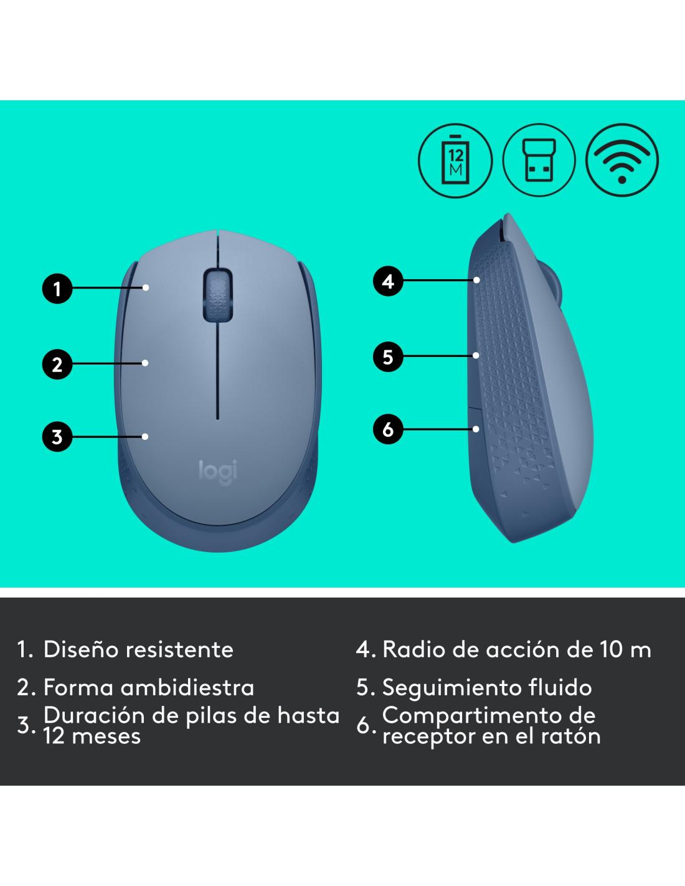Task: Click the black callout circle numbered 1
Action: coord(57,288)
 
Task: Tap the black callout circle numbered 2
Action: coord(57,364)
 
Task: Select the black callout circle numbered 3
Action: coord(57,437)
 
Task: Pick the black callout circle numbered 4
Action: coord(388,281)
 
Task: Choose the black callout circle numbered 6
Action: coord(388,429)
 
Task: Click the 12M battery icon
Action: coord(455,160)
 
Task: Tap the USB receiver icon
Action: coord(539,160)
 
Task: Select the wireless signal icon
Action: coord(622,160)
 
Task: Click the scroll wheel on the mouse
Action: coord(217,294)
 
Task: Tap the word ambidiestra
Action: coord(187,687)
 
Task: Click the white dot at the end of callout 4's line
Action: coord(476,280)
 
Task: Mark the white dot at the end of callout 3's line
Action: coord(145,437)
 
